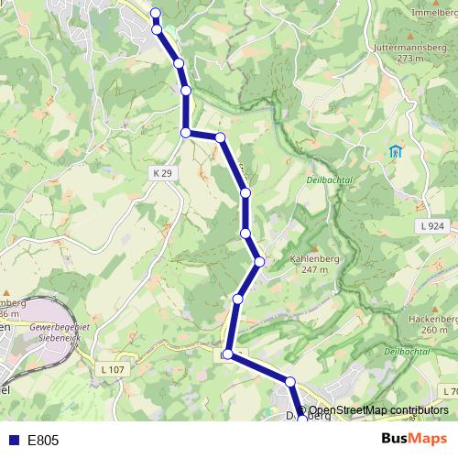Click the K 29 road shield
pyautogui.click(x=161, y=172)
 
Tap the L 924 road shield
pyautogui.click(x=435, y=225)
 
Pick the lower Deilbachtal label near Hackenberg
pyautogui.click(x=408, y=352)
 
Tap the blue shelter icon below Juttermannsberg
pyautogui.click(x=396, y=151)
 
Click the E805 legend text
pyautogui.click(x=43, y=441)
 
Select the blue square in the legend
pyautogui.click(x=13, y=441)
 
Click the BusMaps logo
pyautogui.click(x=414, y=440)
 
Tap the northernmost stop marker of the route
pyautogui.click(x=155, y=13)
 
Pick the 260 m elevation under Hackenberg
pyautogui.click(x=434, y=330)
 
